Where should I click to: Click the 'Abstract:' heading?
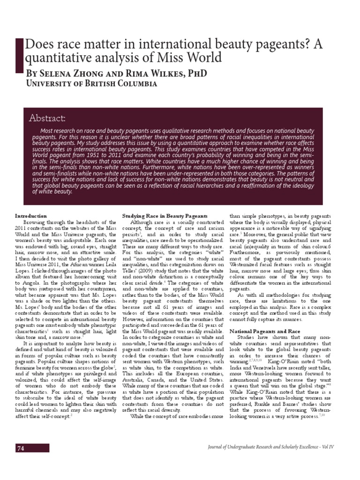point(46,118)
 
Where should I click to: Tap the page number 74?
point(21,448)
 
